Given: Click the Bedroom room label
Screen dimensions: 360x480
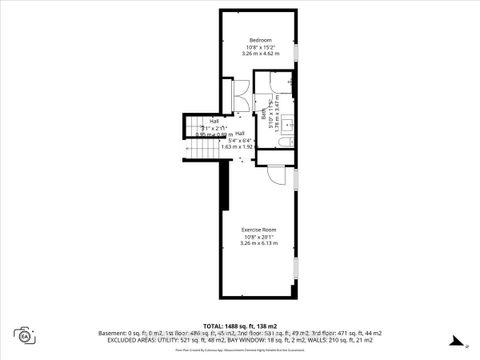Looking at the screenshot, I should coord(260,40).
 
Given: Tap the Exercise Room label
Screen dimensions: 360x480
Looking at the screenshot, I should coord(258,229).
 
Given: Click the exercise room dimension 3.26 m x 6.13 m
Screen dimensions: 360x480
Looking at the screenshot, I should coord(258,243).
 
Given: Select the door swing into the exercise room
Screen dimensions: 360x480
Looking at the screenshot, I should coord(272,174).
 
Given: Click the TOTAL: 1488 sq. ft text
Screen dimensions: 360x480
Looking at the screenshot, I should coord(240,326).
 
